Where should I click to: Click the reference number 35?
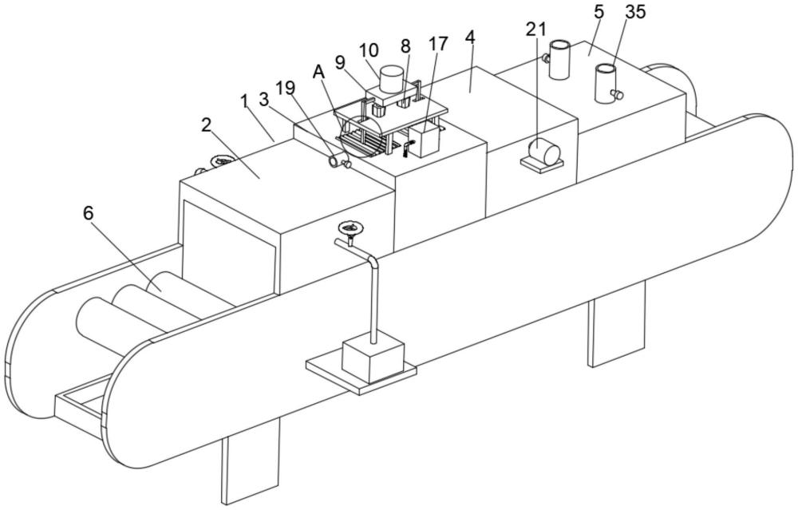[635, 12]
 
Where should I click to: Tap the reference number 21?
[536, 30]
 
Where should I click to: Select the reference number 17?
[437, 44]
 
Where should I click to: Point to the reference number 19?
[286, 88]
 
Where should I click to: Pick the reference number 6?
[89, 213]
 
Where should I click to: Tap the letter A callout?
[319, 73]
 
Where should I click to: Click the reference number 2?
[206, 125]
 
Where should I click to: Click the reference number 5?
[599, 13]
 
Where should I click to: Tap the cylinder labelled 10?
[391, 78]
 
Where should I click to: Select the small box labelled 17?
[424, 140]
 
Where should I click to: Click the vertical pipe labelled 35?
[606, 84]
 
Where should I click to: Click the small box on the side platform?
[373, 360]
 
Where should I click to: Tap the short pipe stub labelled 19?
[336, 161]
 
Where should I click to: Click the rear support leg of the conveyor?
[617, 324]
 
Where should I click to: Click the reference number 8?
[405, 46]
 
